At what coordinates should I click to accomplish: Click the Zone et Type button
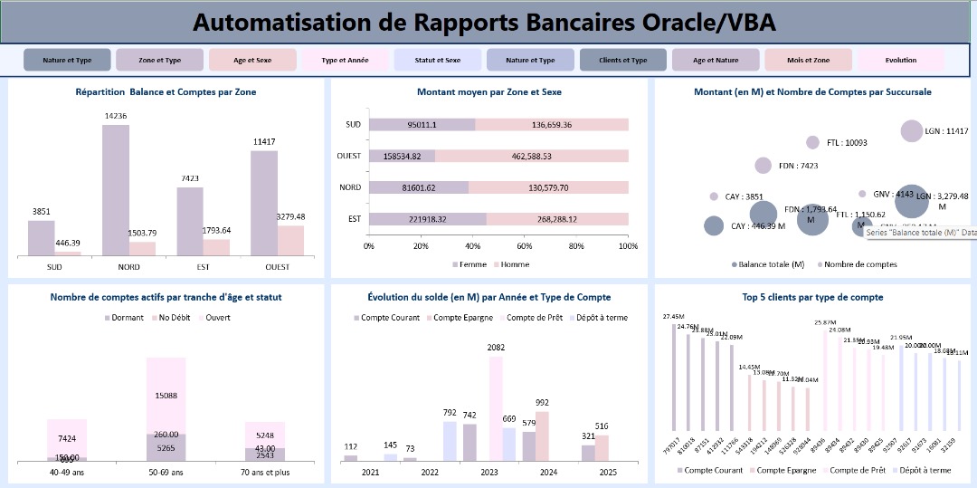coord(159,61)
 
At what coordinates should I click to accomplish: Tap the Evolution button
coord(901,61)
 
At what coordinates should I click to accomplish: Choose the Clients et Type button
coord(623,61)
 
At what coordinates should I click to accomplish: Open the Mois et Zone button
coord(808,61)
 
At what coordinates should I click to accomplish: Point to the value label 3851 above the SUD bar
coord(41,211)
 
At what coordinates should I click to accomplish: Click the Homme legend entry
coord(514,264)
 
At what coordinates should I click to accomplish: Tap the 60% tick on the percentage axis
coord(525,246)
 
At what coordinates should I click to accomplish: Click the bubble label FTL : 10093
coord(847,142)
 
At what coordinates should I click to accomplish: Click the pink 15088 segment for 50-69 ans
coord(166,395)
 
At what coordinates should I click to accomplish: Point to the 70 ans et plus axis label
coord(264,472)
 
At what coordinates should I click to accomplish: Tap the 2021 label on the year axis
coord(371,472)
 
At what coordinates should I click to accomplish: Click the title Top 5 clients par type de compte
coord(812,297)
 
